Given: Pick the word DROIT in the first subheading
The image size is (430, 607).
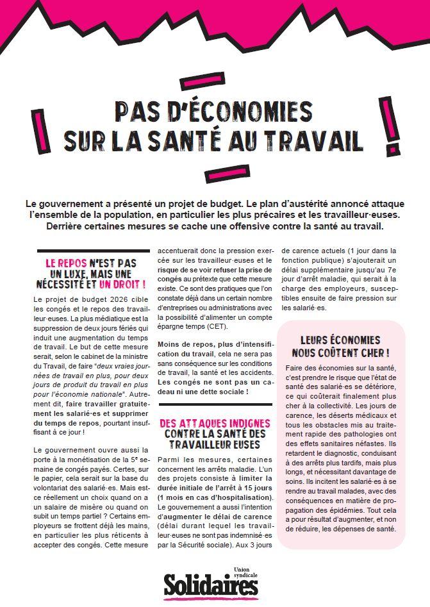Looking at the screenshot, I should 120,284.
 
